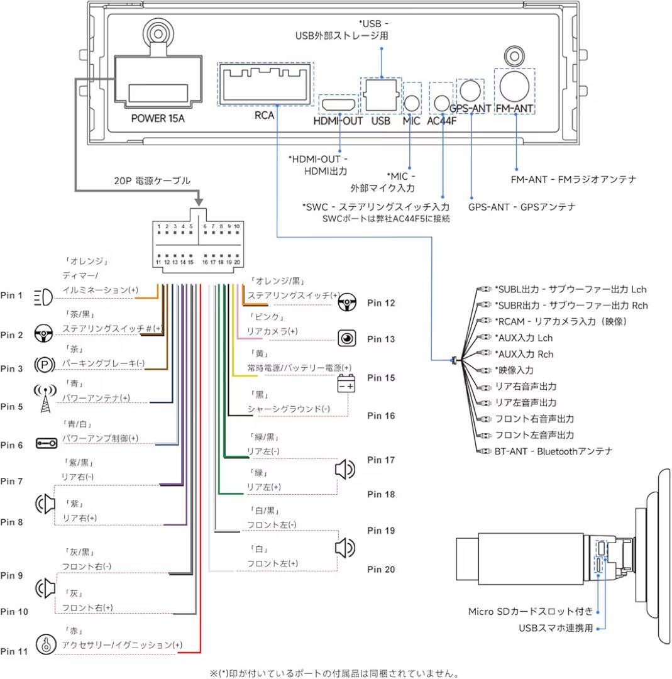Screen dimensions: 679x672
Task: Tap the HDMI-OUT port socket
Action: tap(338, 104)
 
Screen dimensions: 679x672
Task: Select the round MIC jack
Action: tap(411, 102)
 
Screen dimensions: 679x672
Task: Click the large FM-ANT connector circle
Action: tap(514, 86)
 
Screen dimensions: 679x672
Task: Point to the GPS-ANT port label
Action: tap(471, 108)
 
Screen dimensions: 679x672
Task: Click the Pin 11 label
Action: tap(14, 652)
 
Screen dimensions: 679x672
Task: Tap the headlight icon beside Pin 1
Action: tap(42, 295)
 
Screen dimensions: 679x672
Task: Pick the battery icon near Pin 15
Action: tap(346, 384)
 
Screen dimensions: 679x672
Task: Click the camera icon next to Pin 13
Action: tap(346, 338)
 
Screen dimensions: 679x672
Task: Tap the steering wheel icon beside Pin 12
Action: tap(346, 303)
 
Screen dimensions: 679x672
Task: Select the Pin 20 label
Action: tap(381, 570)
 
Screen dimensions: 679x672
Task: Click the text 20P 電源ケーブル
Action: tap(151, 181)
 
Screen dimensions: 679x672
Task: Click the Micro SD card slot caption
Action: tap(530, 611)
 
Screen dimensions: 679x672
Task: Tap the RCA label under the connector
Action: tap(264, 116)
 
